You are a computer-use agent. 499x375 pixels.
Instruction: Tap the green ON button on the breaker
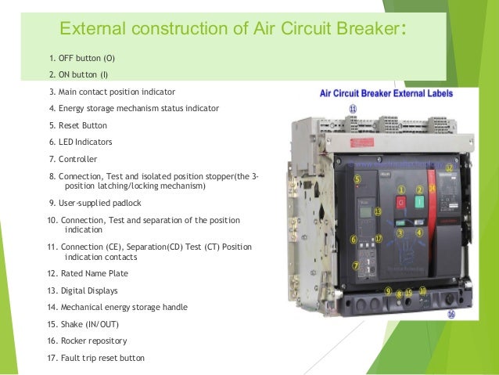(420, 204)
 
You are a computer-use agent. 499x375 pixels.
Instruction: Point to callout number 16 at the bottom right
(451, 314)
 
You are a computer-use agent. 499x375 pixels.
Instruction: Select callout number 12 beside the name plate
(450, 168)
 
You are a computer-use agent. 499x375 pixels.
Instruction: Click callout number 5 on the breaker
(357, 179)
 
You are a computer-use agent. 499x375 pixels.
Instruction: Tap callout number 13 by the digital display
(378, 211)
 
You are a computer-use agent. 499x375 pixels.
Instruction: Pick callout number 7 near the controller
(356, 265)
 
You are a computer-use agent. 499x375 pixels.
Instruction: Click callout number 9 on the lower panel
(388, 290)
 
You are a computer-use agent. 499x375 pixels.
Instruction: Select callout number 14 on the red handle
(433, 189)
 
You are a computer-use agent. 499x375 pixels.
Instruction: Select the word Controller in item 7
(77, 159)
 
